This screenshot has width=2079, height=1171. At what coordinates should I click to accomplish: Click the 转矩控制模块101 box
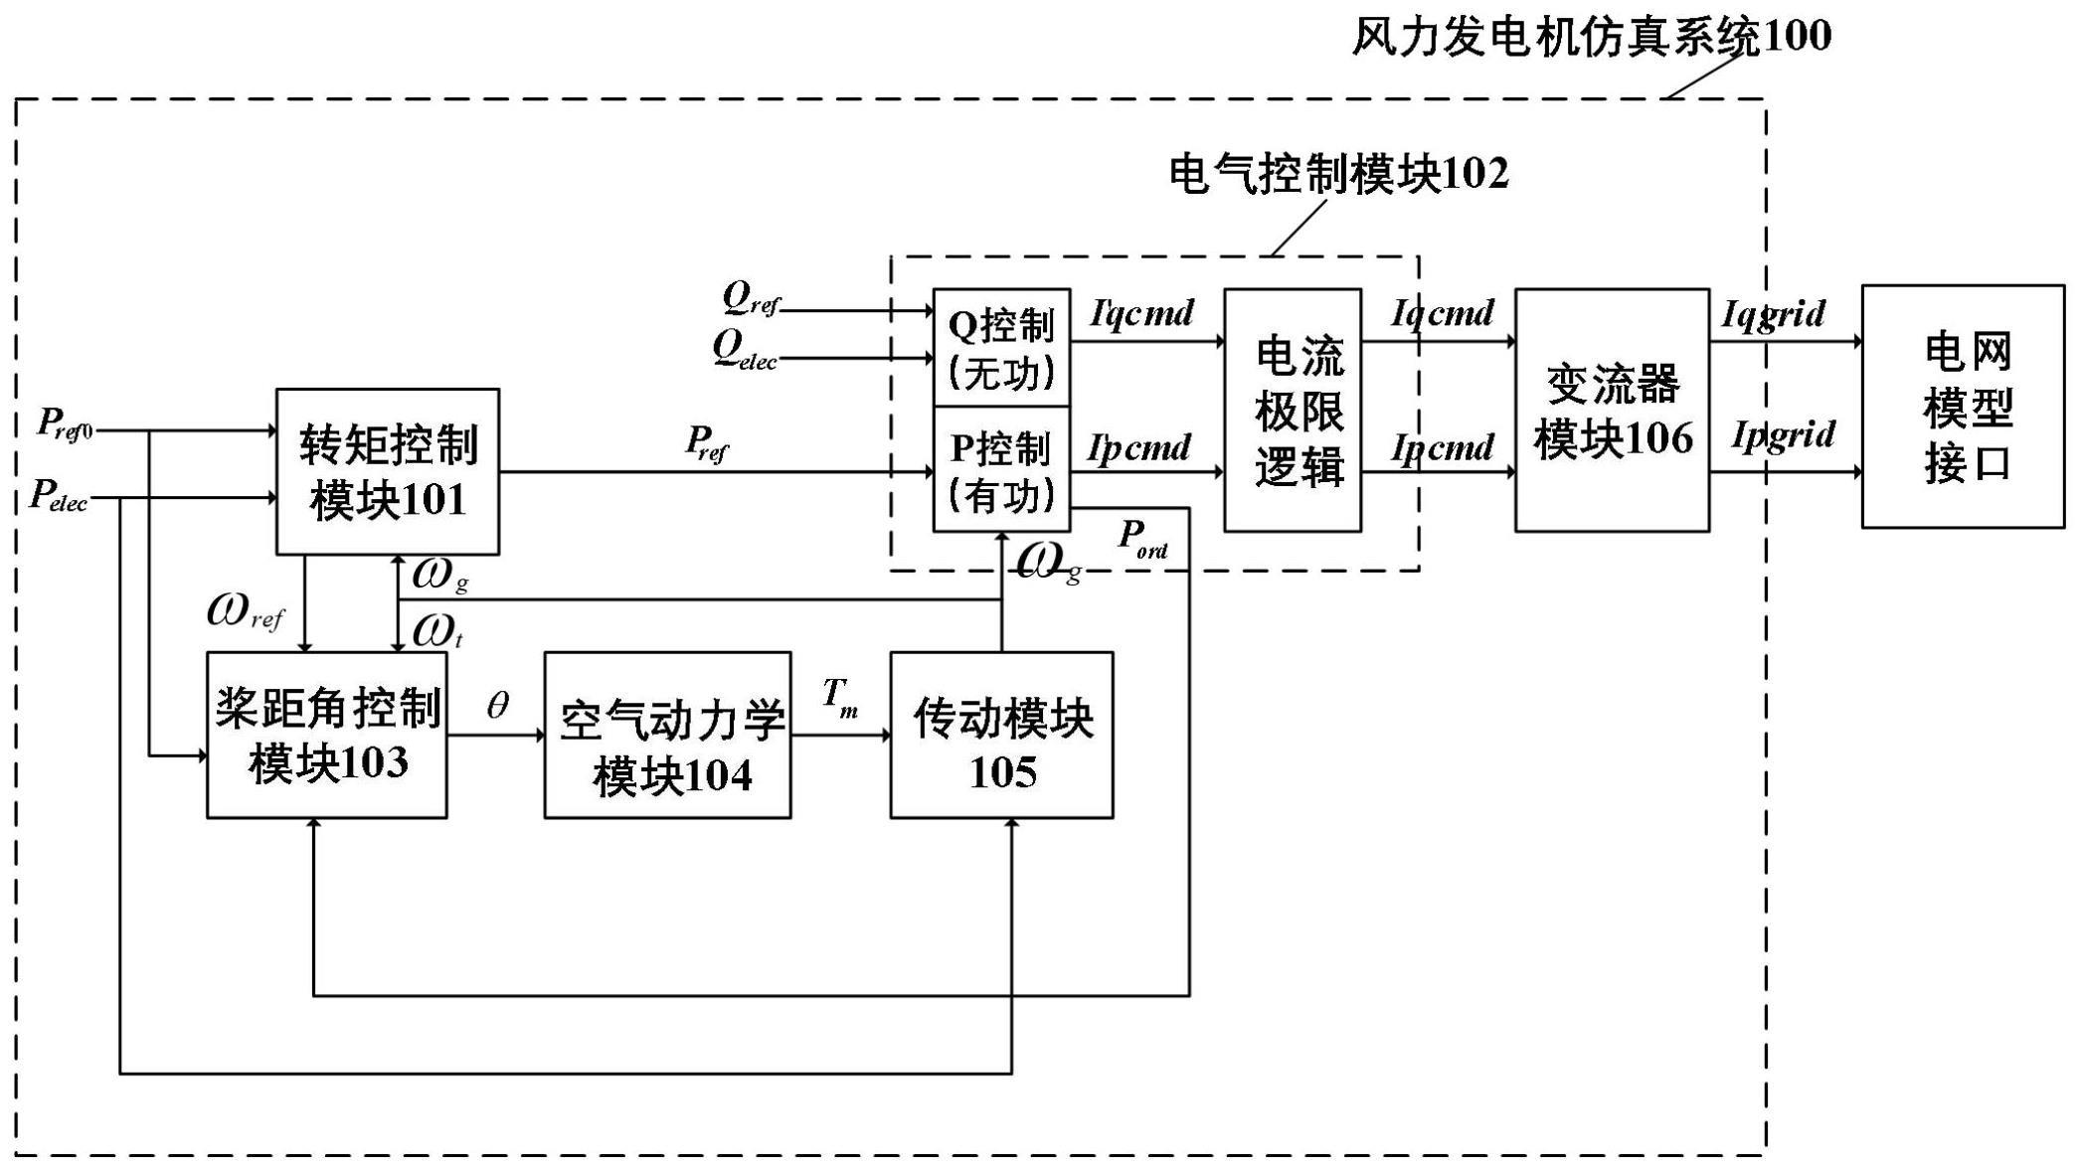tap(387, 471)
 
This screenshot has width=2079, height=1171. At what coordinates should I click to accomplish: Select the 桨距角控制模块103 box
tap(326, 735)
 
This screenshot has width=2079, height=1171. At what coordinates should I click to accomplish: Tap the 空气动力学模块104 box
tap(667, 735)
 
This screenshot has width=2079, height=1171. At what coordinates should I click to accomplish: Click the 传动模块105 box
tap(1001, 735)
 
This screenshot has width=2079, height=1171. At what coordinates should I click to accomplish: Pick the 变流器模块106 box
tap(1612, 410)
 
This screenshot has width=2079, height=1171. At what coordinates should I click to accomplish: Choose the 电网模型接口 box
tap(1963, 407)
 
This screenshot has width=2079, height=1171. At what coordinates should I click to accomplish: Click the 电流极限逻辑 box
tap(1292, 410)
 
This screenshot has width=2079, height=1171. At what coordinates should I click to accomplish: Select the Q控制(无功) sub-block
tap(1001, 348)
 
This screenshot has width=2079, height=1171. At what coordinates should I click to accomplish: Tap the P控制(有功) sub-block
tap(1001, 469)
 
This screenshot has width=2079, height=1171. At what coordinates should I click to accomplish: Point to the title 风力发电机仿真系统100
tap(1591, 36)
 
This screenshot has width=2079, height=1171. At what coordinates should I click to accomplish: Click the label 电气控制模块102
tap(1338, 174)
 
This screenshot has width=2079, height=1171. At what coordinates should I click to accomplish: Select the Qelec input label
tap(745, 350)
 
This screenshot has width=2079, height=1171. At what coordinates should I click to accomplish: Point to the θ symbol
tap(497, 706)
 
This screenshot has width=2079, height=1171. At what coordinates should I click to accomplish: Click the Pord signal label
tap(1142, 540)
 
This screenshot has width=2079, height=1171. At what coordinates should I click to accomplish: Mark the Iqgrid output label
tap(1774, 315)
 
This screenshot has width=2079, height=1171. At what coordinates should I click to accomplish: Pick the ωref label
tap(245, 612)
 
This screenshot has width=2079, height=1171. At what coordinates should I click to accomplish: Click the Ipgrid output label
tap(1783, 436)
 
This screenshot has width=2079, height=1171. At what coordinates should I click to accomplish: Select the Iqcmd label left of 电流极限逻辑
tap(1141, 314)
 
